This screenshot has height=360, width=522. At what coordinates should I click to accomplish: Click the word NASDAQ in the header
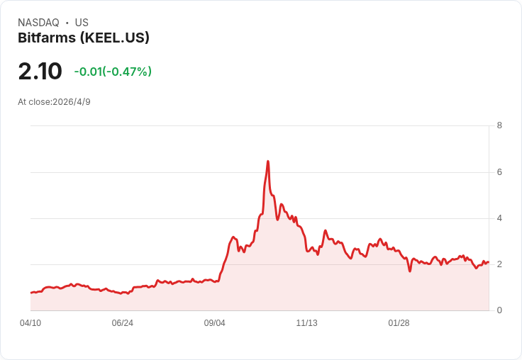coord(38,23)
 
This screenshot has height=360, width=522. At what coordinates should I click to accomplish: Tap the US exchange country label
coord(82,23)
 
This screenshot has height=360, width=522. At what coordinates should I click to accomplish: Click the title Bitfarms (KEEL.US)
coord(84,38)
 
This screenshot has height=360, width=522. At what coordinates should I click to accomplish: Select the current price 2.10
coord(40,72)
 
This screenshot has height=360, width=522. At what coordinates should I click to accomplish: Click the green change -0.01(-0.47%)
coord(113,72)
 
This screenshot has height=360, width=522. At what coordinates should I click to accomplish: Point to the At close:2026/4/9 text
coord(54,101)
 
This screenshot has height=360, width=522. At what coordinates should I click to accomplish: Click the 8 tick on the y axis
coord(499,125)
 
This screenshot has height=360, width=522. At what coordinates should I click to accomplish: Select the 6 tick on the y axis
coord(499,172)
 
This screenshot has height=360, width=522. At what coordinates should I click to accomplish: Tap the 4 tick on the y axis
coord(499,218)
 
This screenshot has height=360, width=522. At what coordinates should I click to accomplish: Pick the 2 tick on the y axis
coord(499,264)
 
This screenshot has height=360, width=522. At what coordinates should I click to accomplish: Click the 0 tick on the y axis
coord(499,310)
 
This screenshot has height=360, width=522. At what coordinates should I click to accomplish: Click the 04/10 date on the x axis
coord(30,323)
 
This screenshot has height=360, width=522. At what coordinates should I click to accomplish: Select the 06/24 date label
coord(123,323)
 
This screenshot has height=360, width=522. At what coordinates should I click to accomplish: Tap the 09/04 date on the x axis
coord(215,323)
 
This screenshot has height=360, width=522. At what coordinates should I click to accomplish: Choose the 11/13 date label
coord(307,323)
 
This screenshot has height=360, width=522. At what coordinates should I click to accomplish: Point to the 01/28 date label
coord(399,323)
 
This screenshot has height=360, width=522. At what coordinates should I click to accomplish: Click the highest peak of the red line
coord(268,162)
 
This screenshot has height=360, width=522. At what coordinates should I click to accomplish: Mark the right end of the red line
coord(489,262)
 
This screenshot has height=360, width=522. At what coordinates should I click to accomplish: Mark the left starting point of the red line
coord(30,293)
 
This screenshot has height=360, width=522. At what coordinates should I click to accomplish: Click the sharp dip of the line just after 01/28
coord(410,271)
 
